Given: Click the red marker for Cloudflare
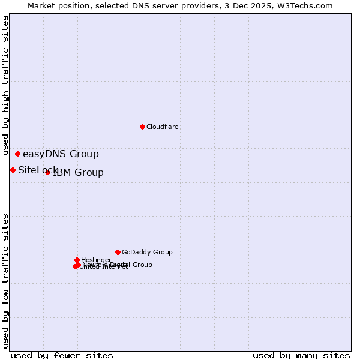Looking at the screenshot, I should (x=142, y=127).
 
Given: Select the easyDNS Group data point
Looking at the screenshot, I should (x=17, y=154).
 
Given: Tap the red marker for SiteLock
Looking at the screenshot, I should (x=13, y=170).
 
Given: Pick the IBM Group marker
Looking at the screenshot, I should (x=47, y=173).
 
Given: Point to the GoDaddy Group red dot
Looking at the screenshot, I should (x=118, y=252).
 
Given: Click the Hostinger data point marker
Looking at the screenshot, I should (x=77, y=260).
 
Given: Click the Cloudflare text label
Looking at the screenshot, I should (x=163, y=127).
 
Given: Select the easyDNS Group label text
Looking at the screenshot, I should (x=61, y=154).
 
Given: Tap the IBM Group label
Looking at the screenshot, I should (x=79, y=173).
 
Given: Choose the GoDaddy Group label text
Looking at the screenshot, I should (x=147, y=252).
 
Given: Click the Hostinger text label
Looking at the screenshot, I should (x=96, y=260).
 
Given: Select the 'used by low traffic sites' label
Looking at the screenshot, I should (x=5, y=281).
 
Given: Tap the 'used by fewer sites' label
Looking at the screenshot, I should (x=62, y=355).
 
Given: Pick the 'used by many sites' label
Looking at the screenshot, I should (x=301, y=355).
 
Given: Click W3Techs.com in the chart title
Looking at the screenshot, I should (x=305, y=5).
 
